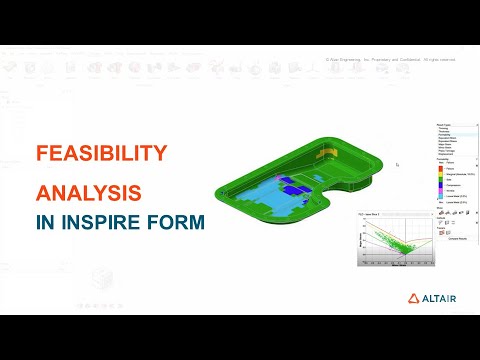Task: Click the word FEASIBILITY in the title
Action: tap(100, 153)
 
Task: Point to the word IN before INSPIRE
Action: tap(46, 222)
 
